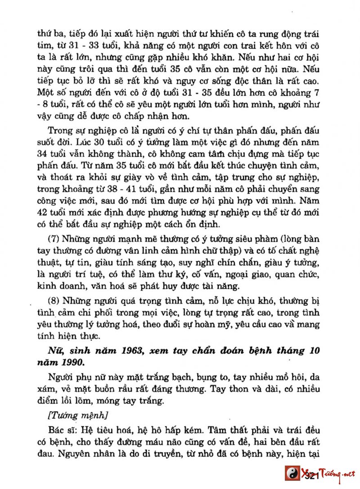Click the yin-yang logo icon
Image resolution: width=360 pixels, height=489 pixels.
pyautogui.click(x=292, y=474)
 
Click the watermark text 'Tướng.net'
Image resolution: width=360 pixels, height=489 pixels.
pyautogui.click(x=337, y=474)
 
